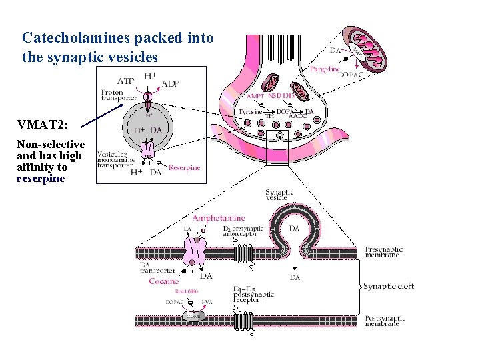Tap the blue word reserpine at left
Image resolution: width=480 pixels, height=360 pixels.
coord(41,179)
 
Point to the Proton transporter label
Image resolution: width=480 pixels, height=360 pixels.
coord(119,95)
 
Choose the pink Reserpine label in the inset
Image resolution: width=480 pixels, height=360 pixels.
coord(184,168)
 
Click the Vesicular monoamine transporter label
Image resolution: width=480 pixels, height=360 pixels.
coord(116,160)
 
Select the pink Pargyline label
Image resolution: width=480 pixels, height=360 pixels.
coord(325,68)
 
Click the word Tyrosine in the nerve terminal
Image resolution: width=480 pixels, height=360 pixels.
coord(250,112)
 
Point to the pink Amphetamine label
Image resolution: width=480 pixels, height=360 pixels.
coord(219,218)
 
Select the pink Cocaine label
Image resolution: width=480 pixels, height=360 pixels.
coord(163,281)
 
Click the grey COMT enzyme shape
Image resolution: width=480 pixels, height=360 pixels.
coord(194,316)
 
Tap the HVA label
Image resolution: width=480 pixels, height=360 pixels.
coord(207,302)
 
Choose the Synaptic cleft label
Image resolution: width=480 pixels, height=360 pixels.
coord(389,286)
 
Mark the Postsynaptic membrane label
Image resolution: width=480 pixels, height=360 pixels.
coord(384,321)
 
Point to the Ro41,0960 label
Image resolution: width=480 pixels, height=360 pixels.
coord(187,291)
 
